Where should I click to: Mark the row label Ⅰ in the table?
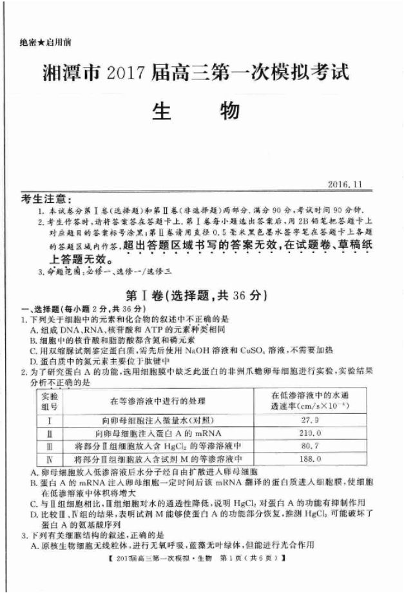click(49, 420)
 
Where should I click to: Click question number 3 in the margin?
click(24, 534)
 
